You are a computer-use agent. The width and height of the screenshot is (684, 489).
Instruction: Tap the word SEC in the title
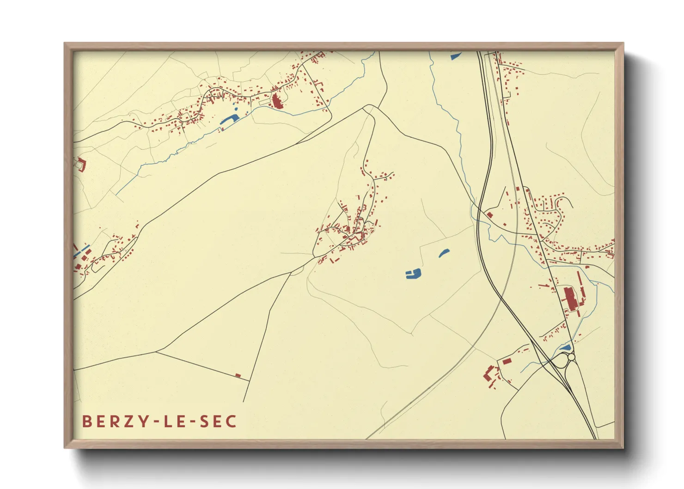click(x=219, y=422)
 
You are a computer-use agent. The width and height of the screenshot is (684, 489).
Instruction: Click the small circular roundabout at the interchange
click(x=571, y=357)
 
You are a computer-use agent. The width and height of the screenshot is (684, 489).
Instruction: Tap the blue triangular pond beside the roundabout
click(x=565, y=347)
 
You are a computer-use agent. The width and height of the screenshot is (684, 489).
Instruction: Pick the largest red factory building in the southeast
click(x=569, y=298)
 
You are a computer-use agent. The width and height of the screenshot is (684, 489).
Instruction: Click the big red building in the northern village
click(x=276, y=101)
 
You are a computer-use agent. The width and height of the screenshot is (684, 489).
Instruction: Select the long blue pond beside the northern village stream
click(x=229, y=120)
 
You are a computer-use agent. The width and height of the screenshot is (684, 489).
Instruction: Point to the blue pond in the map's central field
click(x=413, y=274)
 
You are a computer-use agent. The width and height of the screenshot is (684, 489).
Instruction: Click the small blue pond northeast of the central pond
click(x=444, y=253)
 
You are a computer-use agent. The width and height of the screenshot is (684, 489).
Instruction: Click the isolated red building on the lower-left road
click(x=238, y=375)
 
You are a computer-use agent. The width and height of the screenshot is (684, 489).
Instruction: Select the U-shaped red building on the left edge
click(x=81, y=164)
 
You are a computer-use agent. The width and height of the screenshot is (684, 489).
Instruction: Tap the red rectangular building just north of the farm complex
click(x=507, y=361)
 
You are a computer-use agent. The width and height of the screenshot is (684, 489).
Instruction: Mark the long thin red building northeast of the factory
click(x=579, y=281)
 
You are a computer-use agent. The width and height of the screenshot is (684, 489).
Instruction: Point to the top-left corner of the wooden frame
click(x=65, y=43)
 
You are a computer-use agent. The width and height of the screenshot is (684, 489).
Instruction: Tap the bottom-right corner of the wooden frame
click(x=623, y=447)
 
